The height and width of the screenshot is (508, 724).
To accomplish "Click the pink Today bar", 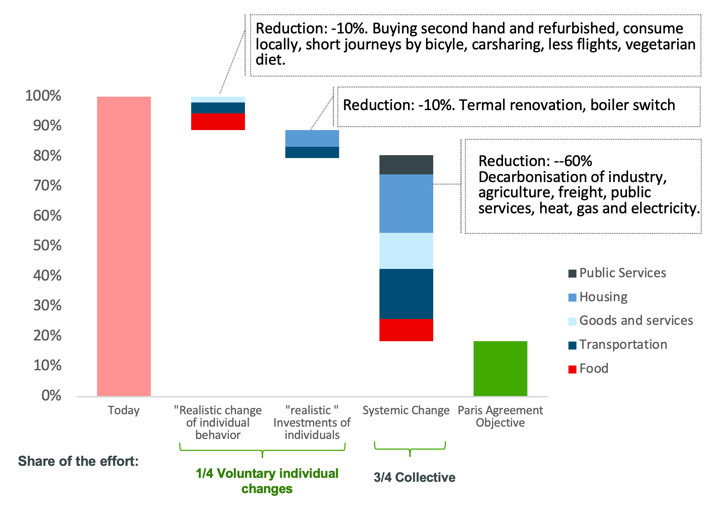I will click(x=124, y=246).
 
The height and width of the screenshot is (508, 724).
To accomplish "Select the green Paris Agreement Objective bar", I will click(x=500, y=368).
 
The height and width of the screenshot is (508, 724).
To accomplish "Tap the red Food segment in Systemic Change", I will click(x=406, y=330).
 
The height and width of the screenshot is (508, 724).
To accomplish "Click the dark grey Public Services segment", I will click(x=406, y=165).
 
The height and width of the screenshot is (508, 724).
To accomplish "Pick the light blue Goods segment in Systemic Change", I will click(x=406, y=251).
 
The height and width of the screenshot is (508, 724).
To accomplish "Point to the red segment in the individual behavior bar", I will click(x=218, y=121).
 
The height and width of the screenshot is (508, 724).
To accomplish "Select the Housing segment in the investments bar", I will click(x=312, y=138).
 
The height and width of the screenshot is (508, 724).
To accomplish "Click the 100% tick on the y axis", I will click(x=43, y=96).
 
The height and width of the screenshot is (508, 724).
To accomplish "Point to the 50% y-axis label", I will click(x=47, y=246).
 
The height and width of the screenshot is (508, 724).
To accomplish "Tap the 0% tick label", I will click(x=51, y=395).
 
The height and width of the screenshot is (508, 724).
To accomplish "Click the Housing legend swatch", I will click(x=572, y=298).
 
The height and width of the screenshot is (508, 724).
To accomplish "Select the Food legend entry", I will click(x=593, y=368).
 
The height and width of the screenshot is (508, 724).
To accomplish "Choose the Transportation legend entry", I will click(x=623, y=344).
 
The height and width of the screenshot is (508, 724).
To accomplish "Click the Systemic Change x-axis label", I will click(x=406, y=410).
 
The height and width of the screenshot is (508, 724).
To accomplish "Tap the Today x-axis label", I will click(x=124, y=410).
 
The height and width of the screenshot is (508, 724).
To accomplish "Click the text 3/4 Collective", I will click(x=414, y=477).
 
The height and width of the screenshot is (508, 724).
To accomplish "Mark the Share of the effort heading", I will click(x=78, y=461).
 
